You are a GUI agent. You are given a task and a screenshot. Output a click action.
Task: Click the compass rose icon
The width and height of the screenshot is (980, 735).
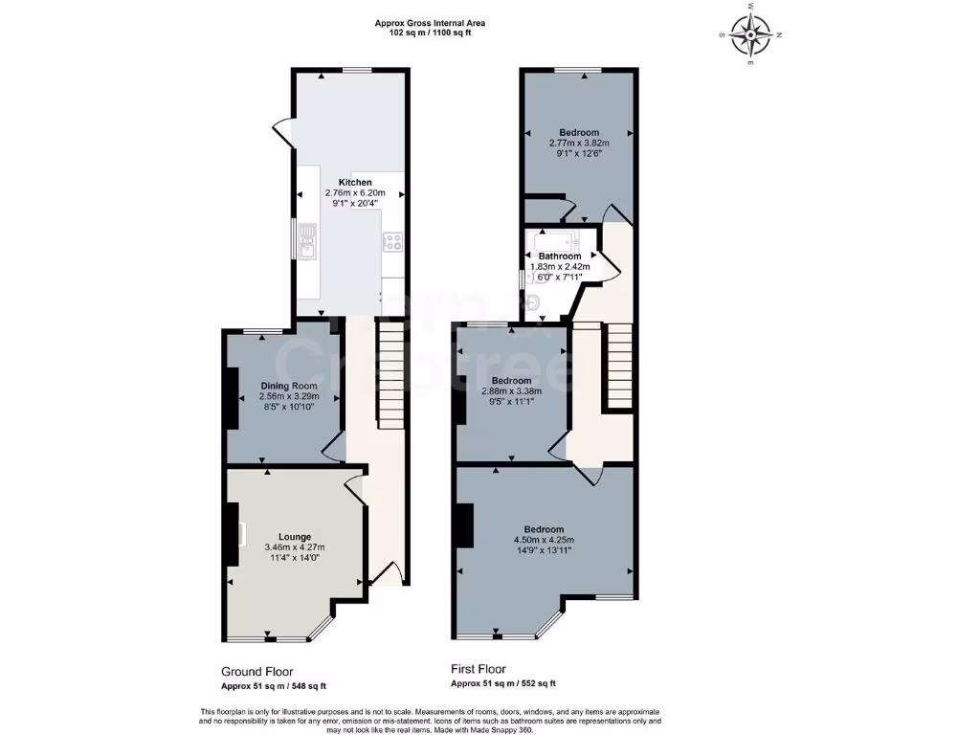pyautogui.click(x=751, y=35)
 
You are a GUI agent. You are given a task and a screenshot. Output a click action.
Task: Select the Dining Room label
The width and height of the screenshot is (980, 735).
pyautogui.click(x=288, y=386)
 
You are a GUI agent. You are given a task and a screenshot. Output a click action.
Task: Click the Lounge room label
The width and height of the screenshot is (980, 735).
pyautogui.click(x=295, y=536)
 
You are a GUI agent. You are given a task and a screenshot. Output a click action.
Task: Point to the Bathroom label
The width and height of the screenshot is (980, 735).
pyautogui.click(x=559, y=256)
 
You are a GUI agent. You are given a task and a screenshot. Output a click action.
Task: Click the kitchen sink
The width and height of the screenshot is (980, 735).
pyautogui.click(x=306, y=242)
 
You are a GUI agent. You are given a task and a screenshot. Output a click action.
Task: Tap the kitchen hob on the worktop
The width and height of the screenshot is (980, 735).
pyautogui.click(x=393, y=242)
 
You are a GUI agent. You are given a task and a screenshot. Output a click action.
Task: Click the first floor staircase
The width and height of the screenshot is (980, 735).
pyautogui.click(x=619, y=367)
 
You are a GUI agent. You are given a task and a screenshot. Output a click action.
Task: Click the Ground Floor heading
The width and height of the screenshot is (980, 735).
pyautogui.click(x=256, y=672)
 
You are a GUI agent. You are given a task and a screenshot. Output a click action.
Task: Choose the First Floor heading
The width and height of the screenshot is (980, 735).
pyautogui.click(x=479, y=669)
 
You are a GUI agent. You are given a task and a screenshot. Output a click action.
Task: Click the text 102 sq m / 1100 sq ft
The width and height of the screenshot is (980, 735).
pyautogui.click(x=430, y=33)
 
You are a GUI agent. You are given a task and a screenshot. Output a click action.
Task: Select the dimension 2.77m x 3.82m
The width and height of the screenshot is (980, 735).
pyautogui.click(x=579, y=144)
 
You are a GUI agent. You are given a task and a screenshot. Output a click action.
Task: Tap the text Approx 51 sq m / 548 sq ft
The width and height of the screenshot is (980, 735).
pyautogui.click(x=274, y=685)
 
